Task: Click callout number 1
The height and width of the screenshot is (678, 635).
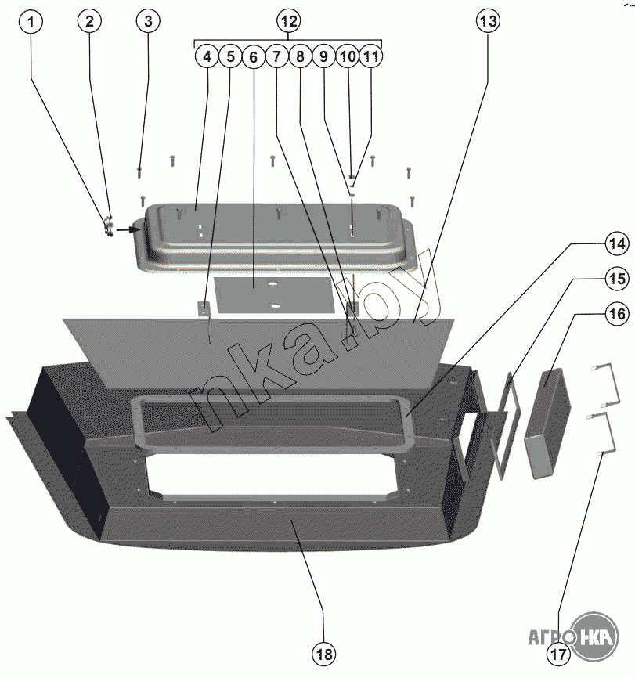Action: click(x=31, y=21)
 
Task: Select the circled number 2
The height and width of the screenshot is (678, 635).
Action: click(x=89, y=21)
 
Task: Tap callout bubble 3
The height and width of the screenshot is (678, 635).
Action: click(x=147, y=21)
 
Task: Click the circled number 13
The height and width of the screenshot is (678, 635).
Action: click(x=487, y=21)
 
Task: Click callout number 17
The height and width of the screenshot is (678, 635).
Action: click(x=558, y=655)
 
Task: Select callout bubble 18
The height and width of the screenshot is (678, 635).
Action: click(x=323, y=653)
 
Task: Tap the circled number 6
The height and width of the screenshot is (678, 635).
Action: click(x=252, y=56)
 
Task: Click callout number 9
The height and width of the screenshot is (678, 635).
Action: click(x=323, y=56)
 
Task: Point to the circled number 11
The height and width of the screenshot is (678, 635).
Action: click(x=370, y=56)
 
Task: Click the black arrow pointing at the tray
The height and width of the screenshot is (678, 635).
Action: click(x=126, y=230)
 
